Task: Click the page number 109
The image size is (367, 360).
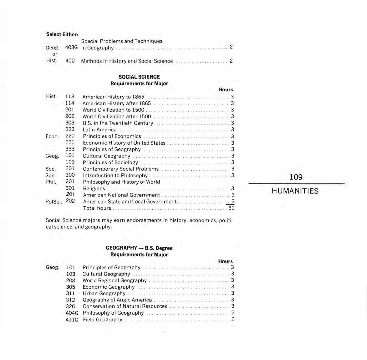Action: tap(296, 177)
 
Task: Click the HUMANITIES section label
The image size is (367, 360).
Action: tap(295, 191)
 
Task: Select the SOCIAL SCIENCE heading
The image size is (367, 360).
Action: tap(139, 77)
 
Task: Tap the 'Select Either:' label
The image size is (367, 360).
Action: tap(62, 34)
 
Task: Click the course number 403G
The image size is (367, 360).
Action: tap(71, 47)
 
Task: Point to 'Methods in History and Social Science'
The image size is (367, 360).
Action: tap(127, 61)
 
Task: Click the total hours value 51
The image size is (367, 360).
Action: tap(231, 208)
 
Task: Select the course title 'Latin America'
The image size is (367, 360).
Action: tap(99, 130)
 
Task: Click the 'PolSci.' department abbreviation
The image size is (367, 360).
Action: tap(54, 202)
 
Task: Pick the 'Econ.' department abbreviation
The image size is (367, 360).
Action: tap(52, 136)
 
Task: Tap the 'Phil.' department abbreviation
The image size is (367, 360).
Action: tap(51, 182)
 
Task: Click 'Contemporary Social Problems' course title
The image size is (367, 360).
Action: tap(120, 169)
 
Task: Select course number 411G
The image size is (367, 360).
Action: tap(72, 320)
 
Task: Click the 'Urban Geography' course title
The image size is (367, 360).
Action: tap(104, 293)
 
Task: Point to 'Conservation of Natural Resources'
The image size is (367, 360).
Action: tap(125, 306)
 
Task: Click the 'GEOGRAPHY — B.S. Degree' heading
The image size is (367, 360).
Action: tap(139, 248)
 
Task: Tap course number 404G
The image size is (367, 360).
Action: tap(72, 313)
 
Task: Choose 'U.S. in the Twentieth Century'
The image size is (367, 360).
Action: tap(118, 123)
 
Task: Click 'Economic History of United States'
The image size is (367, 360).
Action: tap(124, 143)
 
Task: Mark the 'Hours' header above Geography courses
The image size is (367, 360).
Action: tap(225, 261)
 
